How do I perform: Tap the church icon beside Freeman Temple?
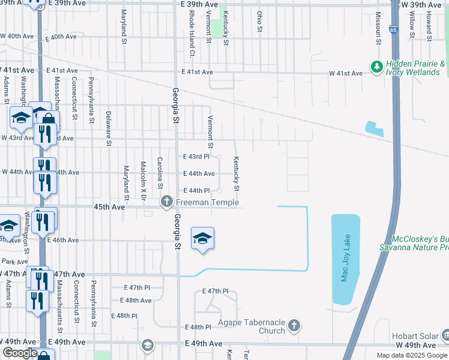[x=167, y=202]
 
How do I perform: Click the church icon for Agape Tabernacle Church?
[x=294, y=326]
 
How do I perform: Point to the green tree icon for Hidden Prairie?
[x=377, y=67]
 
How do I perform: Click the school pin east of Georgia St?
[x=202, y=238]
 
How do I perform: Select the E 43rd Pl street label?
[x=197, y=157]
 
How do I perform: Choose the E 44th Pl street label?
[x=197, y=190]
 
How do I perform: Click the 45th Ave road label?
[x=109, y=206]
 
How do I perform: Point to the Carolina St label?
[x=160, y=172]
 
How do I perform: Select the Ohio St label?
[x=259, y=22]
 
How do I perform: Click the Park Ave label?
[x=14, y=262]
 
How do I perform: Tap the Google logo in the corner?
[x=20, y=353]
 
